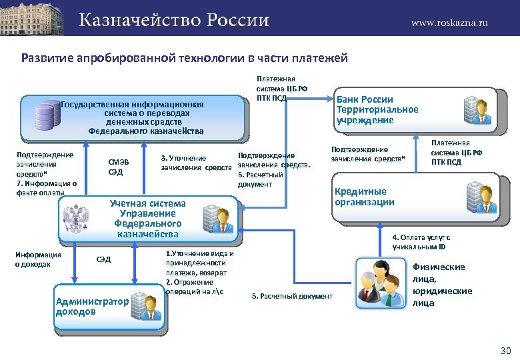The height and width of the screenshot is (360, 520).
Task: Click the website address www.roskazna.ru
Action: point(449,22)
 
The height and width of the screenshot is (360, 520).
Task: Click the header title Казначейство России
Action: point(174,20)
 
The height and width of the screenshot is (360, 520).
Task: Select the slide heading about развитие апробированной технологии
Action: point(185,58)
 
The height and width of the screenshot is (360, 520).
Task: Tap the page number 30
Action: point(505,351)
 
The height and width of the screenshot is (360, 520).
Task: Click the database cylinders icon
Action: point(47,115)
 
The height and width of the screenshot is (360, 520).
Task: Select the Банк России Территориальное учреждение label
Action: point(377,109)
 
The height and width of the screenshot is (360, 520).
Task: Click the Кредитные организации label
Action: point(365,197)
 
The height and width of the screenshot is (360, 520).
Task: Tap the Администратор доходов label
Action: point(91,306)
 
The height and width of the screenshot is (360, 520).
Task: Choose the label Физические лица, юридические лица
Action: point(443,285)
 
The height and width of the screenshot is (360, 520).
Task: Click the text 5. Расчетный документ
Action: point(292,296)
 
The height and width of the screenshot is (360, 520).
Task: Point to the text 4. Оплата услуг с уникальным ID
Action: point(421,241)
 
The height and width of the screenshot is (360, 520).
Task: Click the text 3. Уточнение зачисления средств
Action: point(197,163)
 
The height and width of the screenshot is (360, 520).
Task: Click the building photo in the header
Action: point(33,17)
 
